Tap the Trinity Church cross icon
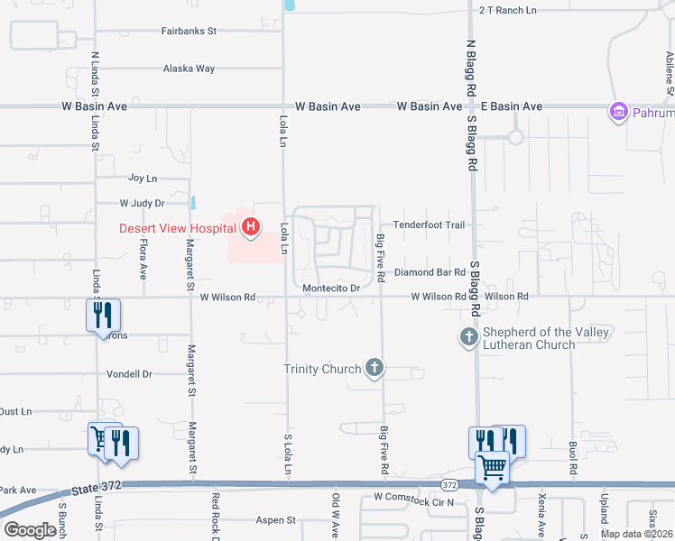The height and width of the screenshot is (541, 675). [374, 368]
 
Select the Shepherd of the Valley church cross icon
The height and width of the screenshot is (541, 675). [468, 338]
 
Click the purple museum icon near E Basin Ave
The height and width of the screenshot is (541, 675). [619, 113]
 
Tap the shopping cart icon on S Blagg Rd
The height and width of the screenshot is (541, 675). [491, 468]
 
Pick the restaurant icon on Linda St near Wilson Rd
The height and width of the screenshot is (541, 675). [103, 315]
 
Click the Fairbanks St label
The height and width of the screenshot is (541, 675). [190, 31]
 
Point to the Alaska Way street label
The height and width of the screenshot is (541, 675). [189, 69]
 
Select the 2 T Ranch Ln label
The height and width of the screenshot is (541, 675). [507, 10]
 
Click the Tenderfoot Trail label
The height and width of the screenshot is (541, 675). [428, 225]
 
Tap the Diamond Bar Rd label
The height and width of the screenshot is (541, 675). [430, 272]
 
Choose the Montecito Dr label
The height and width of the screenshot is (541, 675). [331, 289]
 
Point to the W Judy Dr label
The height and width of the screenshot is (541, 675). [143, 204]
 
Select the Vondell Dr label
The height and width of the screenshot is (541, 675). [130, 373]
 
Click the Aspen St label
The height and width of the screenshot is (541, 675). [276, 520]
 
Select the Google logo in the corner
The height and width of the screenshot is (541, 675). [30, 530]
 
